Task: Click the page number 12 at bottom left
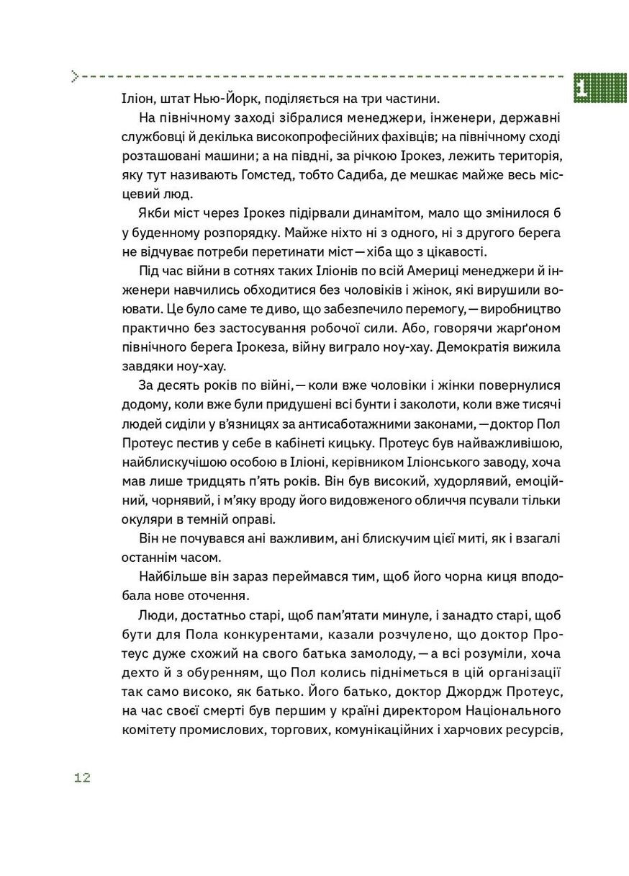[81, 777]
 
